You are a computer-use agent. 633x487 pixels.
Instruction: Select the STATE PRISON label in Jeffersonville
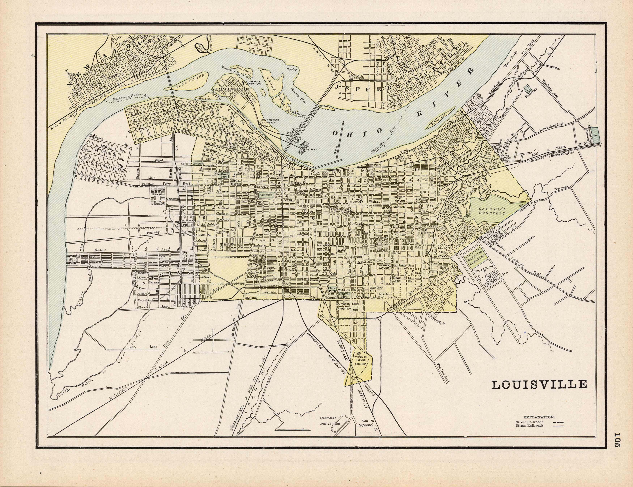tap(356, 77)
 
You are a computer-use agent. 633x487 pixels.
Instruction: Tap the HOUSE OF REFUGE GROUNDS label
tap(361, 361)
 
